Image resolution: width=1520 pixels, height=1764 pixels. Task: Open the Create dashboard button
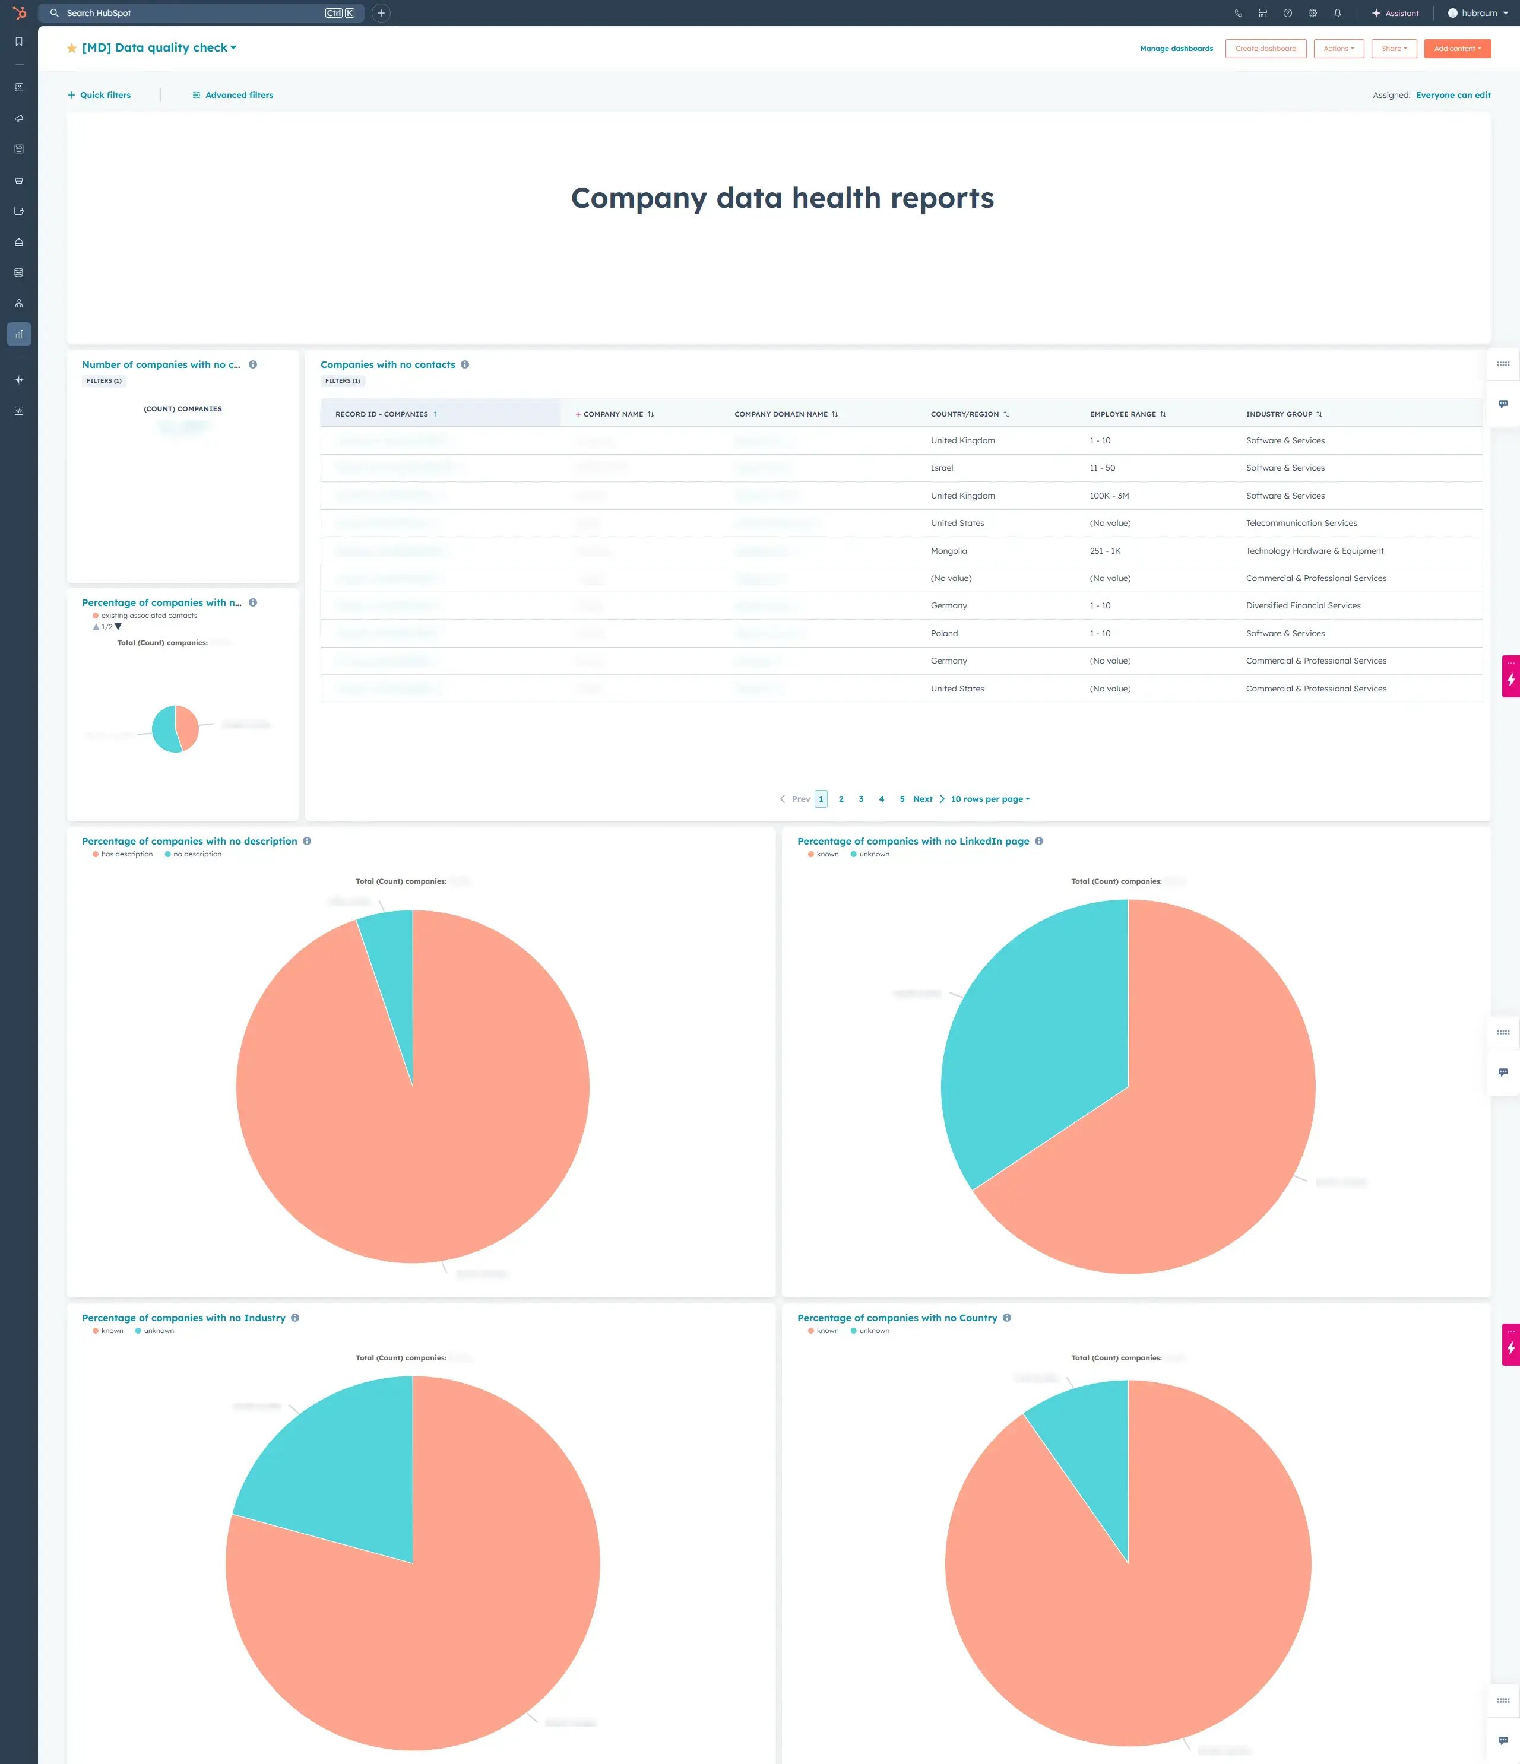click(1265, 49)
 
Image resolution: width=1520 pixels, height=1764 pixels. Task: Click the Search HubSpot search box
click(188, 13)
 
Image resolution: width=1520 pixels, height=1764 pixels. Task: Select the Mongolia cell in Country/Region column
click(949, 551)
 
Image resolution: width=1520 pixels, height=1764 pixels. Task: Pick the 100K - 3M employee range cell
click(1109, 496)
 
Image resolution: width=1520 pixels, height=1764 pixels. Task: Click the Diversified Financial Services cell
click(1303, 606)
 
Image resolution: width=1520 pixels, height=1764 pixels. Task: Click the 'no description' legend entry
click(197, 854)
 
